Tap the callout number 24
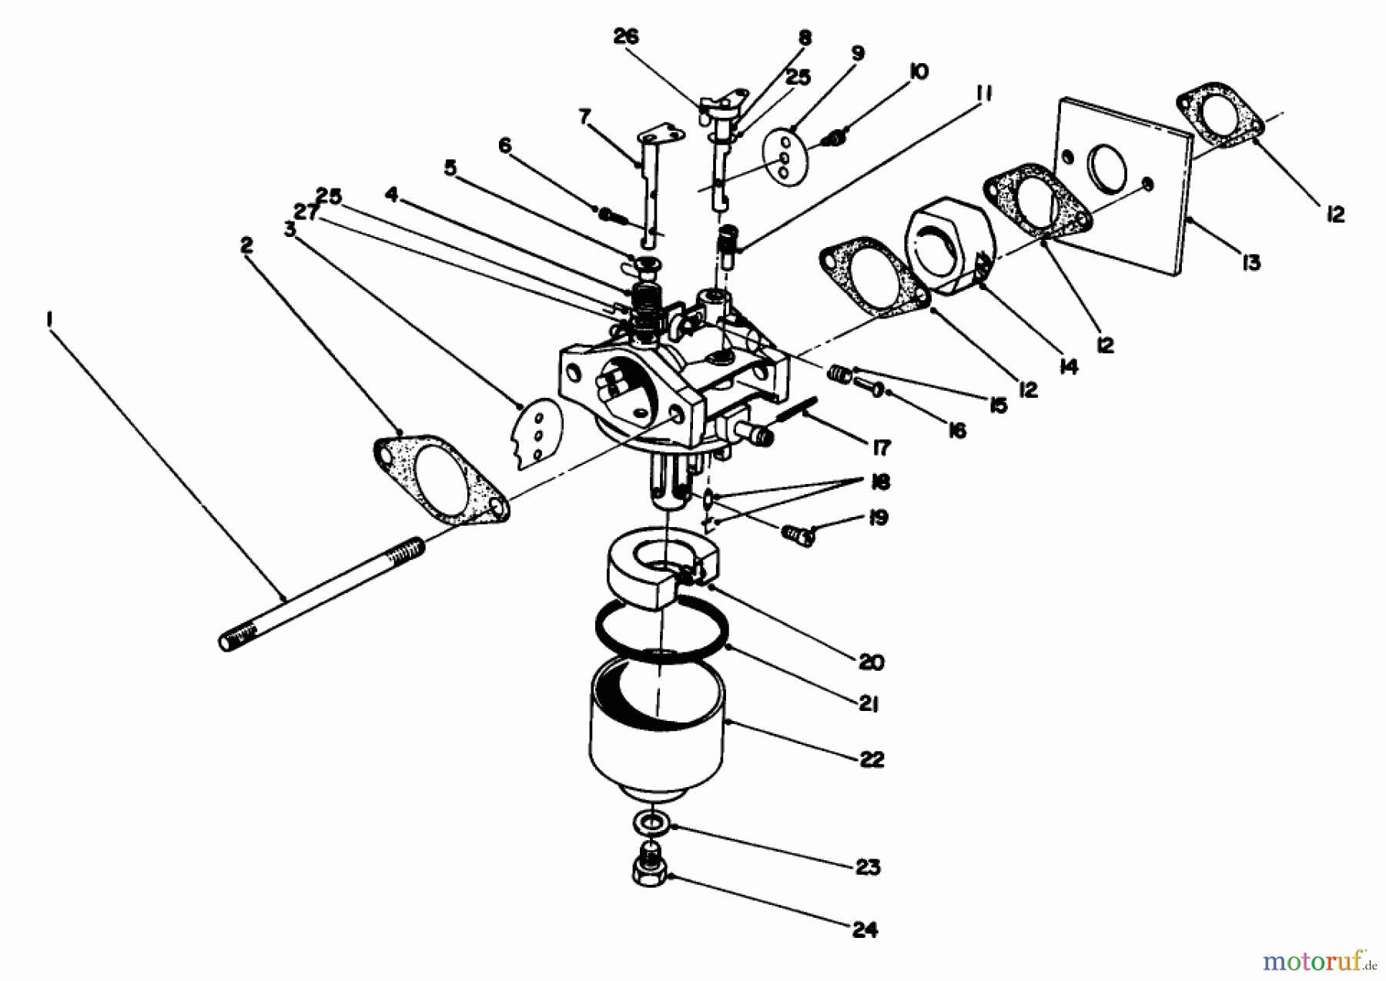pos(865,930)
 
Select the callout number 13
pos(1251,262)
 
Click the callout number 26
pos(626,36)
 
